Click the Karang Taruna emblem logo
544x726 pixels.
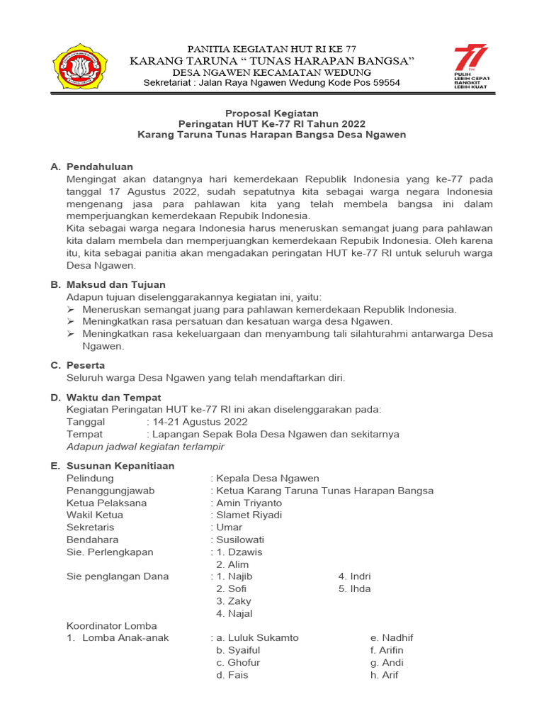(x=80, y=67)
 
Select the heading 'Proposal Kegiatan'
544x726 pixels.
(x=272, y=113)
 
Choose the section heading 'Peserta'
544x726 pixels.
(x=86, y=365)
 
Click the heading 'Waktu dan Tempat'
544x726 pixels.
(x=113, y=398)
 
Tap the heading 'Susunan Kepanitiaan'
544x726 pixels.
(x=120, y=466)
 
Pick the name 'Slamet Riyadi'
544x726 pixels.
(x=249, y=515)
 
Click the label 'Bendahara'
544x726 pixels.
(x=92, y=540)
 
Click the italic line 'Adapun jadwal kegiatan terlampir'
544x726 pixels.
(x=145, y=447)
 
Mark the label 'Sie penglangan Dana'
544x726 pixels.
(x=118, y=576)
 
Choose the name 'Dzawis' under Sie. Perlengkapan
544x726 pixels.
(x=245, y=552)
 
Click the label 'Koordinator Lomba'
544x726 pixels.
(x=111, y=625)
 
